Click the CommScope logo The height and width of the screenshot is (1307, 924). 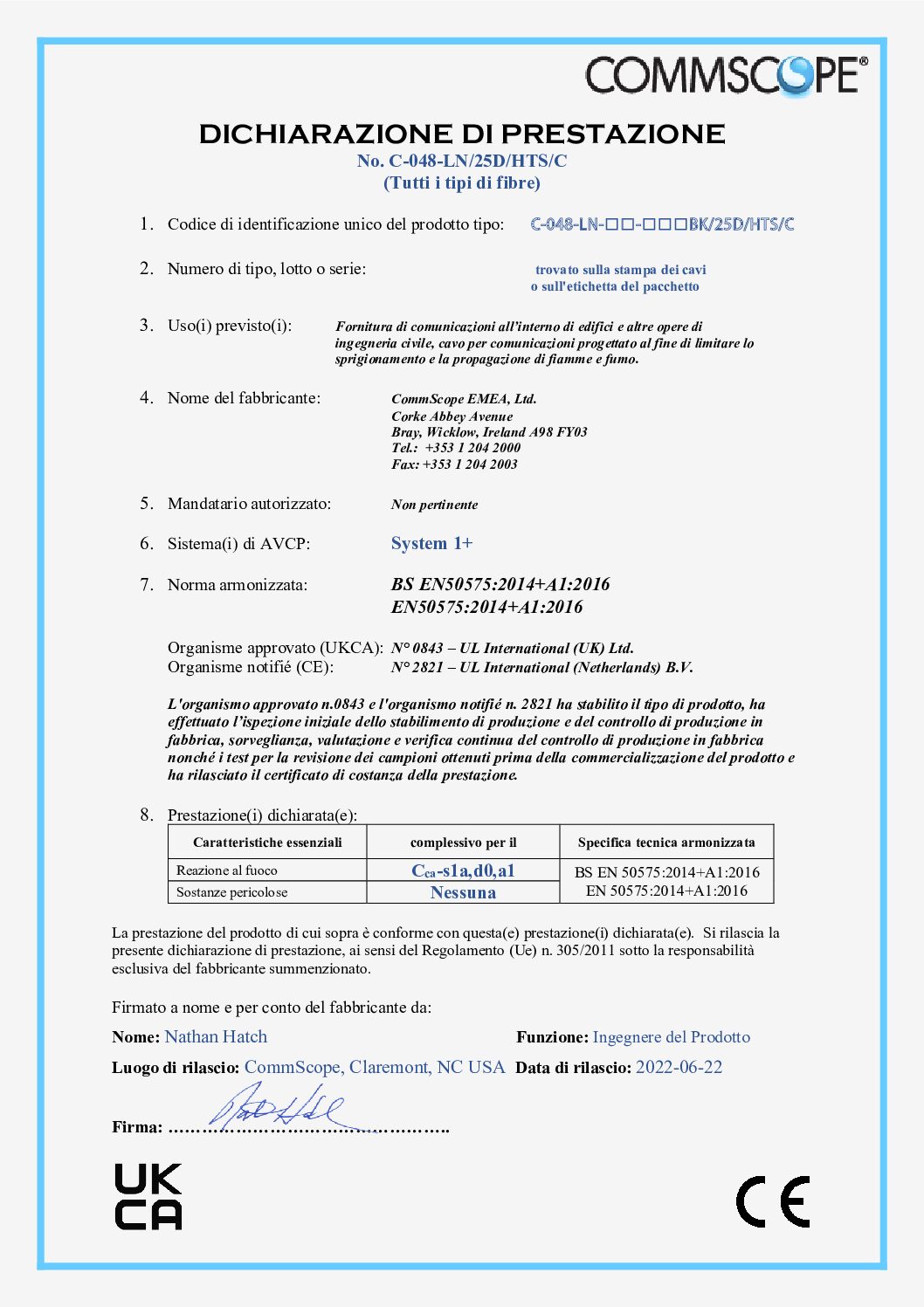coord(726,75)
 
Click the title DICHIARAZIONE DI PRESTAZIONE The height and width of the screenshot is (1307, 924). coord(462,134)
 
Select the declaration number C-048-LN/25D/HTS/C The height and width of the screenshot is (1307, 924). coord(462,161)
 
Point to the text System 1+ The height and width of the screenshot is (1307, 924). coord(431,543)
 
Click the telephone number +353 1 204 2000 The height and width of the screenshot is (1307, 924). coord(472,448)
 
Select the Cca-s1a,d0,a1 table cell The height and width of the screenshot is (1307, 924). coord(463,870)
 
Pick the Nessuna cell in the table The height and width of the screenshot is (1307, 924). coord(463,892)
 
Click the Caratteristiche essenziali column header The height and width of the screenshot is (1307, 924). coord(267,843)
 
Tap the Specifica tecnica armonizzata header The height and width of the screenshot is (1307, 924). coord(666,843)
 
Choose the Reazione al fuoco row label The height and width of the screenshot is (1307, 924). coord(227,870)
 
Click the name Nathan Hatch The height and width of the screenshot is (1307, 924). coord(216,1036)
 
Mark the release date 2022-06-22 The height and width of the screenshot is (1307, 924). coord(679,1067)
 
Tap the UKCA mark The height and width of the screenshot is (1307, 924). coord(148,1197)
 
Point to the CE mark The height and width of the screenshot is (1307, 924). coord(773,1201)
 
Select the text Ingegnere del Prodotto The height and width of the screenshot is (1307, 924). coord(671,1037)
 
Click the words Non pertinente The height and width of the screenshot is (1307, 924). coord(434,505)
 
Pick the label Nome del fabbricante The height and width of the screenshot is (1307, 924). coord(244,398)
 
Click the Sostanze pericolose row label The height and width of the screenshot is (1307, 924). coord(231,892)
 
